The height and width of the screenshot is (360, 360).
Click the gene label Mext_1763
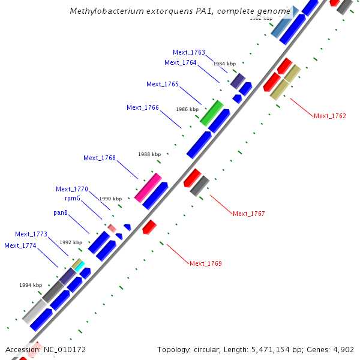coord(189,52)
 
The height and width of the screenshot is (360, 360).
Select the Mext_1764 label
coord(181,62)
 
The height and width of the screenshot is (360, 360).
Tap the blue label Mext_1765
coord(163,84)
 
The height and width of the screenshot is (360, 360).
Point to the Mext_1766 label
coord(143,107)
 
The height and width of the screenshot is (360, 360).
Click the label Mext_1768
coord(100,158)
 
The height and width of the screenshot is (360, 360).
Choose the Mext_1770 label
coord(72,189)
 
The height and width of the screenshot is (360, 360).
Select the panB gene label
coord(61,212)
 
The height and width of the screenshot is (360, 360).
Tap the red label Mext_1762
coord(330,116)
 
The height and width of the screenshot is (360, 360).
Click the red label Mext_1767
coord(249,214)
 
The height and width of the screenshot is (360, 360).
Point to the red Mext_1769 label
coord(206,263)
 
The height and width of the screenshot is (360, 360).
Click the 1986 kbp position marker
coord(187,109)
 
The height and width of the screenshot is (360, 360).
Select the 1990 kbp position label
coord(110,199)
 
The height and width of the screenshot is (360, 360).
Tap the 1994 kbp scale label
coord(31,285)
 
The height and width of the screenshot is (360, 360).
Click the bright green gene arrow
coord(211,113)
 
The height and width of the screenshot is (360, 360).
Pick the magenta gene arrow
coord(148,187)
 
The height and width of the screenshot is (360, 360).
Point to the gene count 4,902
coord(343,349)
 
